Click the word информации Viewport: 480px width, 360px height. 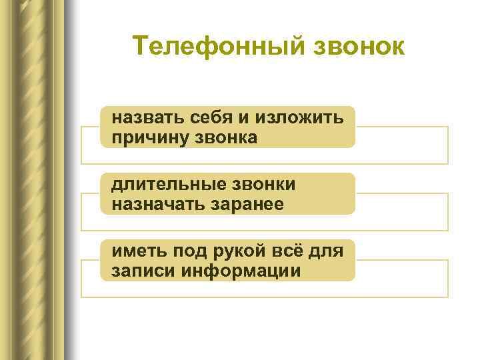(x=237, y=271)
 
